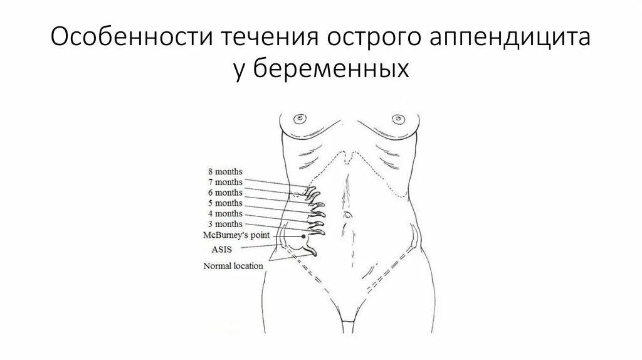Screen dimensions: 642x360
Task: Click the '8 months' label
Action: pos(224,171)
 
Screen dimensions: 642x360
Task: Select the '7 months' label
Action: pos(224,182)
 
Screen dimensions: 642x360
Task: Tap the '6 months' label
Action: pos(224,193)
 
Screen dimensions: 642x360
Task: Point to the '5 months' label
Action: pos(224,203)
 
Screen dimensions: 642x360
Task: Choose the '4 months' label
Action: pos(224,214)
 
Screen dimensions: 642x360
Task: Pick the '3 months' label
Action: pos(224,225)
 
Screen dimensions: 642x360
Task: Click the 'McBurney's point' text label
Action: pos(233,235)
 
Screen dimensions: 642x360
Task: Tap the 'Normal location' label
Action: pos(233,265)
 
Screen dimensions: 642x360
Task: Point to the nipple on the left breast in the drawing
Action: pos(302,117)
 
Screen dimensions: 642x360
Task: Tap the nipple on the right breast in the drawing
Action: pos(396,117)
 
